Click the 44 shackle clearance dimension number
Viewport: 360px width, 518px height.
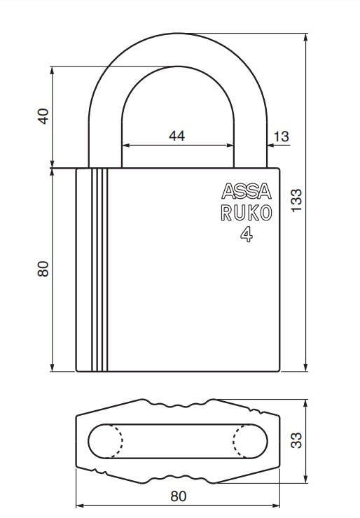[177, 136]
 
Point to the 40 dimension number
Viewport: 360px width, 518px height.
[43, 116]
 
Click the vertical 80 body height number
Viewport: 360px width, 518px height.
[43, 269]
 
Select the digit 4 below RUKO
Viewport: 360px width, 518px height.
[246, 235]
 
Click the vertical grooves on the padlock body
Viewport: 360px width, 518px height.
[99, 269]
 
